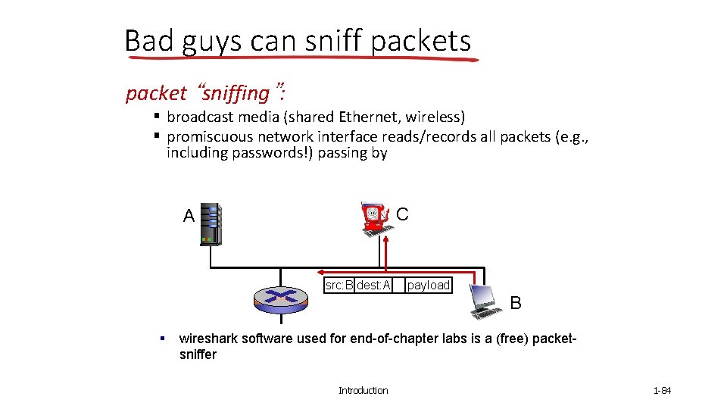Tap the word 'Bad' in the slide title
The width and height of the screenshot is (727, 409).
point(149,41)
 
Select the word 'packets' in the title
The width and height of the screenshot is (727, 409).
point(421,41)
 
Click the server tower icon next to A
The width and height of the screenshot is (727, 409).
point(211,224)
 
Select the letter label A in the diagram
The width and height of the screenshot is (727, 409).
point(189,217)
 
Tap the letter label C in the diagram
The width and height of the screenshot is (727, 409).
point(402,214)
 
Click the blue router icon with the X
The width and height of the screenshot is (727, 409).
point(281,297)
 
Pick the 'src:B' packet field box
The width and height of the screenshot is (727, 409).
point(339,286)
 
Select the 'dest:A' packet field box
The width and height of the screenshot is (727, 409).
point(373,286)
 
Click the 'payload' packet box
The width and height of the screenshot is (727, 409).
point(428,286)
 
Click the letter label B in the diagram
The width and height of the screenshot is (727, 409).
point(516,303)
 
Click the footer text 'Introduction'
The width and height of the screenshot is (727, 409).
point(363,391)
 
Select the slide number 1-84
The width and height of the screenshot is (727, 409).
point(662,391)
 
